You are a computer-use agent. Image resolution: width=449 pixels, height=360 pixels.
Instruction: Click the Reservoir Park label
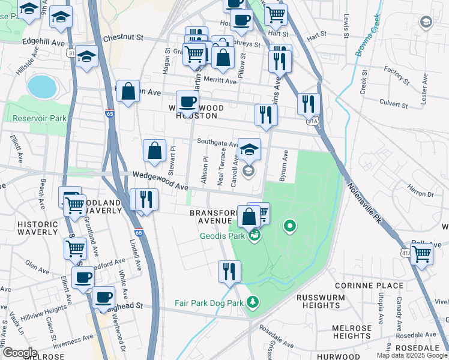(x=41, y=119)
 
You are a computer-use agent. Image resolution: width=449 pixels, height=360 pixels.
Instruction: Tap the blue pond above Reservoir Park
(x=41, y=87)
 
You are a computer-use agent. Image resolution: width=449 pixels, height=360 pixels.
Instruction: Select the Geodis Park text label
(x=222, y=236)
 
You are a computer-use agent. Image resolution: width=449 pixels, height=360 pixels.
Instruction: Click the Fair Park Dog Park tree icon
(x=253, y=302)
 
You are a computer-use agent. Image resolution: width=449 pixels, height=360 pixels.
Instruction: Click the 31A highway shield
(x=312, y=121)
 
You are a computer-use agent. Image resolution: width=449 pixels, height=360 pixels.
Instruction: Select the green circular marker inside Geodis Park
(x=289, y=226)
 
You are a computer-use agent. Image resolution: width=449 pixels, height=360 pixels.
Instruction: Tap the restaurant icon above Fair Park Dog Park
(x=229, y=271)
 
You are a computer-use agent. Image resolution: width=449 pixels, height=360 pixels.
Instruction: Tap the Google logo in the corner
(x=20, y=353)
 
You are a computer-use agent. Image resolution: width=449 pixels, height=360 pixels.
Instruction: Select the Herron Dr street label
(x=420, y=193)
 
